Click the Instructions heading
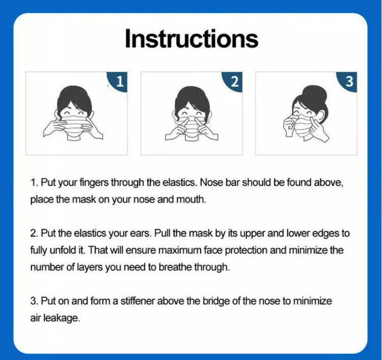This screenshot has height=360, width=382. pyautogui.click(x=192, y=39)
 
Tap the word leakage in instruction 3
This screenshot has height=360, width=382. pyautogui.click(x=62, y=318)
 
